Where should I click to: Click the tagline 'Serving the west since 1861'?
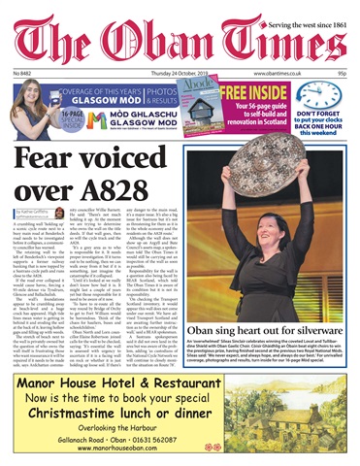[298, 9]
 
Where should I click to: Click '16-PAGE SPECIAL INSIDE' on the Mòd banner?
[34, 122]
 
